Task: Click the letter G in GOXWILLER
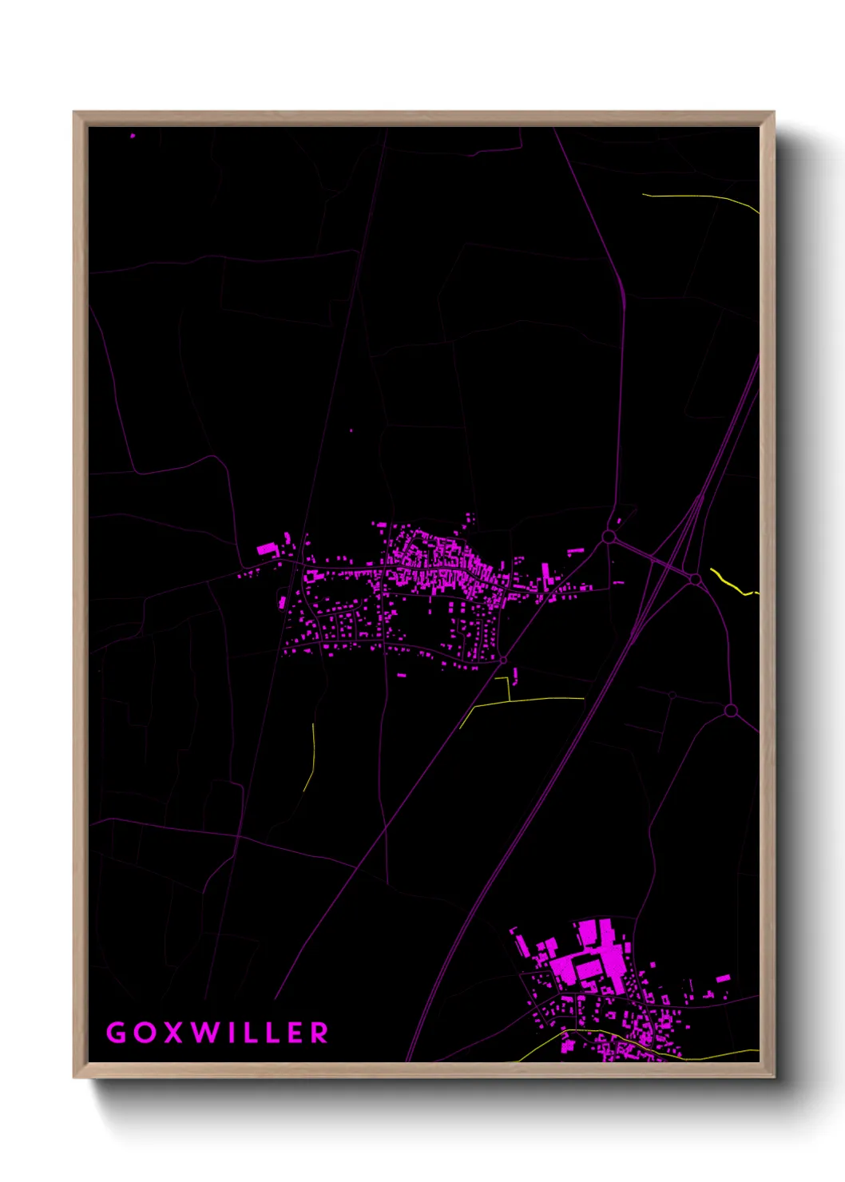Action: tap(117, 1033)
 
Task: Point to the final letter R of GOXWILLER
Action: tap(319, 1033)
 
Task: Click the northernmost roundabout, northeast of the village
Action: tap(609, 537)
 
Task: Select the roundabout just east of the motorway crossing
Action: tap(695, 578)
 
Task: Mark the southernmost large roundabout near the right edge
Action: tap(730, 710)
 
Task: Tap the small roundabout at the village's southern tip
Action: tap(503, 660)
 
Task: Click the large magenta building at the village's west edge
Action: tap(265, 549)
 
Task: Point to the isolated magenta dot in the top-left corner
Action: tap(133, 136)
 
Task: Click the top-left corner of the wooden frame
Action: tap(75, 113)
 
